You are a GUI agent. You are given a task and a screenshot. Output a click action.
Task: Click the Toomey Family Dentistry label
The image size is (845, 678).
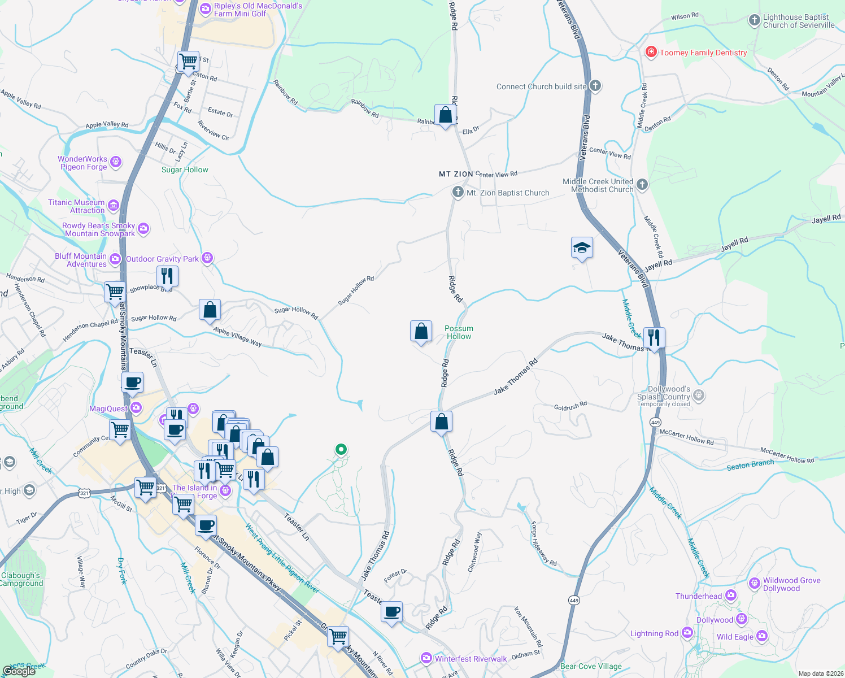coord(703,53)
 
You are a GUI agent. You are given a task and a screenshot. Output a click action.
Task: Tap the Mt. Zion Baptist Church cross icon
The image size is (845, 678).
coord(458,192)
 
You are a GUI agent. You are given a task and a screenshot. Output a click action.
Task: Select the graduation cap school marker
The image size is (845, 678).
coord(582,247)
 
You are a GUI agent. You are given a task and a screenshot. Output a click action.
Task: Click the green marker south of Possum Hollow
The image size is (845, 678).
coord(341,450)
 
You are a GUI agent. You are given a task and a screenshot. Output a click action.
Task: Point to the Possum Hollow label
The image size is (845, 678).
coord(459,332)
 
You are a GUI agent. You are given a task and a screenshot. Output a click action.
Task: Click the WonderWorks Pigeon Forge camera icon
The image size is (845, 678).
coord(116,163)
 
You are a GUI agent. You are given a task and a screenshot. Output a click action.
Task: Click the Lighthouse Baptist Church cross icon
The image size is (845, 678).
coord(754,21)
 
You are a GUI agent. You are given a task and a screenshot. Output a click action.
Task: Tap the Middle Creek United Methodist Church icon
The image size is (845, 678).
coord(642,185)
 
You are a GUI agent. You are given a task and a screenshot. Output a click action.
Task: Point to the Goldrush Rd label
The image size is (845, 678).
coord(570,406)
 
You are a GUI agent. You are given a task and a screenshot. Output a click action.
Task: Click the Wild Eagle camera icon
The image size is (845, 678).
coord(761,637)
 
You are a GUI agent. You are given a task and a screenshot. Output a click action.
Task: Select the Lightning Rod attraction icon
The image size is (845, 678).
coord(687,633)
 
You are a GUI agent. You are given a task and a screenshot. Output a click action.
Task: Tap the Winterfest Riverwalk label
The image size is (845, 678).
coord(471,659)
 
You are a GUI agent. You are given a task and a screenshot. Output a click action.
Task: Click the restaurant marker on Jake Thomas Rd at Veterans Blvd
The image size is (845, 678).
coord(654,338)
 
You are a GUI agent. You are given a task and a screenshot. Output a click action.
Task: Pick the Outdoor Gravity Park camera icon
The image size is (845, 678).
coord(207,259)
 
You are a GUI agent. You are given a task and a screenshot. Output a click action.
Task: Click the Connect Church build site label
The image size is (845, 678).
coord(541,86)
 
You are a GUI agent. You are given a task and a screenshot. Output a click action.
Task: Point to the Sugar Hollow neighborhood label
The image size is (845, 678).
coord(185,169)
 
